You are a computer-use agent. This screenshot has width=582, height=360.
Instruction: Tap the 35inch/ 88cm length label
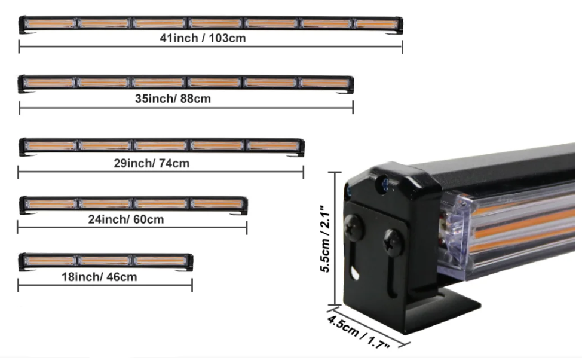click(x=173, y=99)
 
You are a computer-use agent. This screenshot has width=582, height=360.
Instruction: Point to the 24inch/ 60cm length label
click(x=125, y=219)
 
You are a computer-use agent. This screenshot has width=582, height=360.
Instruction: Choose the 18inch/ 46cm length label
click(x=99, y=277)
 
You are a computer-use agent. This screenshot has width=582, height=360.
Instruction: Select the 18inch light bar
click(x=105, y=261)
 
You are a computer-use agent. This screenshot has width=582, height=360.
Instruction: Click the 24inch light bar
click(x=133, y=204)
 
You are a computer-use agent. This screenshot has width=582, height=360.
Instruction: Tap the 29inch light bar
click(x=161, y=146)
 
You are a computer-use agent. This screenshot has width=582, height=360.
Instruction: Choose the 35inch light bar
click(x=186, y=83)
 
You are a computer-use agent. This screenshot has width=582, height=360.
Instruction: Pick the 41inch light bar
click(x=210, y=24)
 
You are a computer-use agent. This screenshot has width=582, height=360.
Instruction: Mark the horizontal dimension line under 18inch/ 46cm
click(x=105, y=285)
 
